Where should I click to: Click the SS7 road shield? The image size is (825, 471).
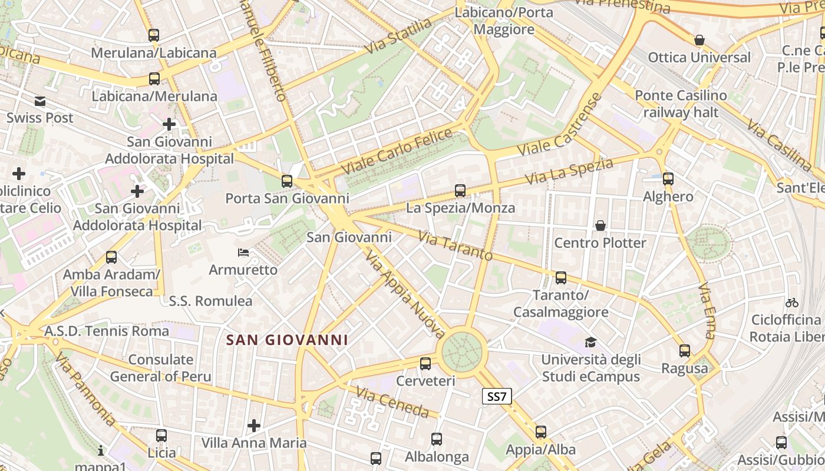point(497,396)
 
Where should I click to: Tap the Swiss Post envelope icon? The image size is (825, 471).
point(40,101)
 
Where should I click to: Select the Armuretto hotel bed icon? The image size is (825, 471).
point(243,253)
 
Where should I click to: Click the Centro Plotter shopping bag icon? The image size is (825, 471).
point(600,225)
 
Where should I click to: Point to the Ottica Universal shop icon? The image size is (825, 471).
point(699,40)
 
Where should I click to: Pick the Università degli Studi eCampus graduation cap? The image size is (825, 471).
point(590,342)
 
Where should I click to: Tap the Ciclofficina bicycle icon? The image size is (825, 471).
point(792,303)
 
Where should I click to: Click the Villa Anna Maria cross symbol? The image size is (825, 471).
point(254,425)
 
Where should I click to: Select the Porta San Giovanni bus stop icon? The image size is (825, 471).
point(287,181)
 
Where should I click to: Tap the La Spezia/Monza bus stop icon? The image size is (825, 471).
point(460,190)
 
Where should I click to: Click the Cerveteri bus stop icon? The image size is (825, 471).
point(425,363)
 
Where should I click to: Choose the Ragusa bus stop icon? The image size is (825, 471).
point(684,351)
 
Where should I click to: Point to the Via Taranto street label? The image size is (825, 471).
point(455,246)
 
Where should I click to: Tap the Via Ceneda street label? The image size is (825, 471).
point(392,402)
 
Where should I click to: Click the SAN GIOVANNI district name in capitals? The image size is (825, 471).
point(287,340)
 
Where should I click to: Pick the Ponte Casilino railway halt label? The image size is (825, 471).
point(681,103)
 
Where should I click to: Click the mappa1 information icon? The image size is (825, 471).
point(101,450)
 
